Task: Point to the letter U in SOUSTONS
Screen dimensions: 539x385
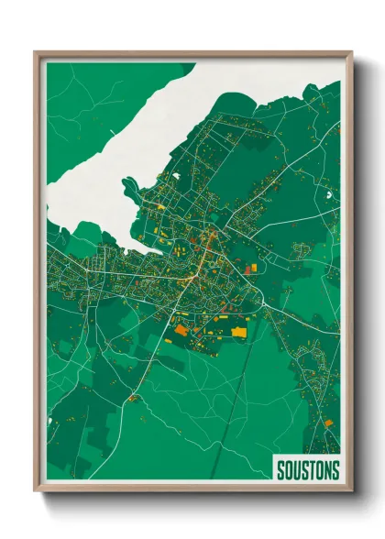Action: [x=293, y=470]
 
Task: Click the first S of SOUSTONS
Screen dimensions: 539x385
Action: [x=280, y=470]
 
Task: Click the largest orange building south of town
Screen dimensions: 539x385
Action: [x=181, y=329]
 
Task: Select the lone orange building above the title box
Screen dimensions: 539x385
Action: [x=327, y=423]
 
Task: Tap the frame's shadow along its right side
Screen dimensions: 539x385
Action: [x=358, y=275]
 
